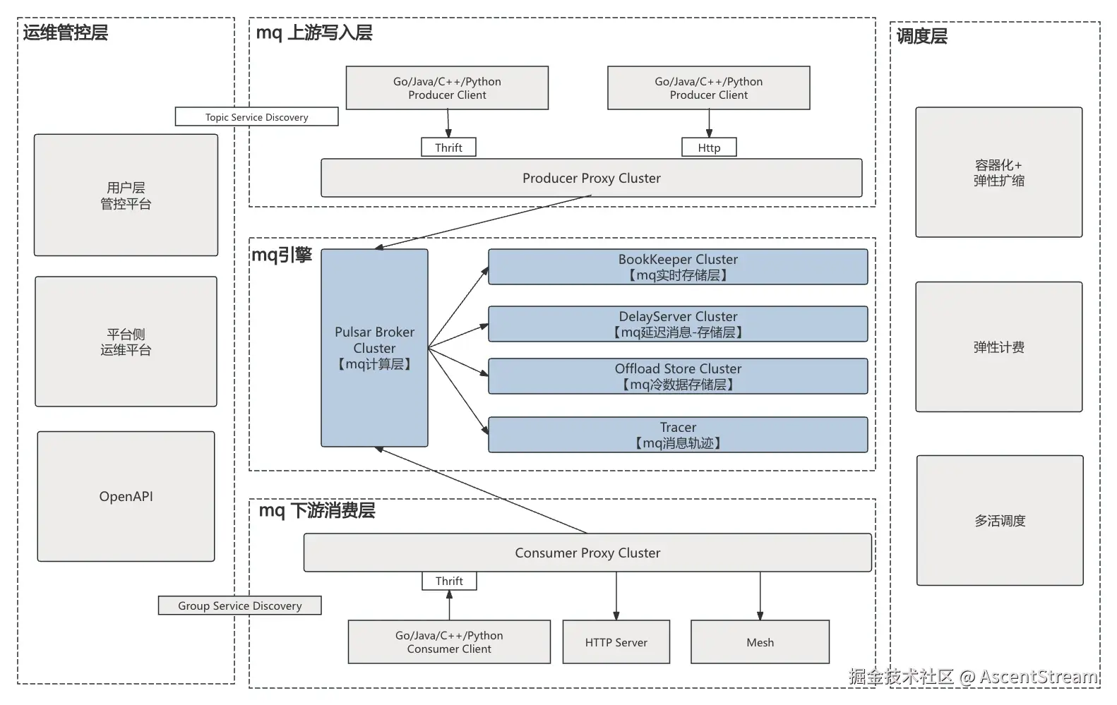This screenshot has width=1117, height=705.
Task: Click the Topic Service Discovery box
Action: click(x=256, y=117)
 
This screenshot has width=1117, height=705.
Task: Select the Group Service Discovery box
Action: click(x=239, y=605)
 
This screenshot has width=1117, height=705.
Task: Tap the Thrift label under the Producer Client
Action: click(x=448, y=147)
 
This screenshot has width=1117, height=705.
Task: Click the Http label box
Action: click(x=709, y=147)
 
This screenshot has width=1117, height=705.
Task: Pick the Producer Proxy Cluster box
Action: click(x=591, y=178)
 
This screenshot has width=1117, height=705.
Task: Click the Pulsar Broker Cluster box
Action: click(x=374, y=348)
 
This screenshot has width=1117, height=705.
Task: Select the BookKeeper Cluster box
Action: click(x=678, y=267)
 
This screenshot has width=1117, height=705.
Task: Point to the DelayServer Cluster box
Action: click(x=678, y=324)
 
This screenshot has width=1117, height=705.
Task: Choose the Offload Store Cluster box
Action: click(x=678, y=376)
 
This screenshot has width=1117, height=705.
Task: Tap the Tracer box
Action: click(x=678, y=435)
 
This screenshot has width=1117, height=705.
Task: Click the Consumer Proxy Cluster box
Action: click(x=587, y=553)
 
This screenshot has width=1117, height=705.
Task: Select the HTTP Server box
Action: click(x=616, y=642)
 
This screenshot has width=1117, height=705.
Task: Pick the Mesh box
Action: click(x=760, y=642)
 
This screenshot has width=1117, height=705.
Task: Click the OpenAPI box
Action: click(x=126, y=496)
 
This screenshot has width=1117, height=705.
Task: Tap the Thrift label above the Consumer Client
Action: click(x=449, y=581)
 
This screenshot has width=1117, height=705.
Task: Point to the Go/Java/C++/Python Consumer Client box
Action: click(x=449, y=642)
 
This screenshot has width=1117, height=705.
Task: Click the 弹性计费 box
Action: click(x=998, y=347)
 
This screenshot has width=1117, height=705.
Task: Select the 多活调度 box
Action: click(x=1000, y=521)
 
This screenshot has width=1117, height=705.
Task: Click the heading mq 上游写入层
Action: click(x=314, y=32)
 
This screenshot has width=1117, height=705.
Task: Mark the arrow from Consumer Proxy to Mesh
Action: click(x=760, y=596)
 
